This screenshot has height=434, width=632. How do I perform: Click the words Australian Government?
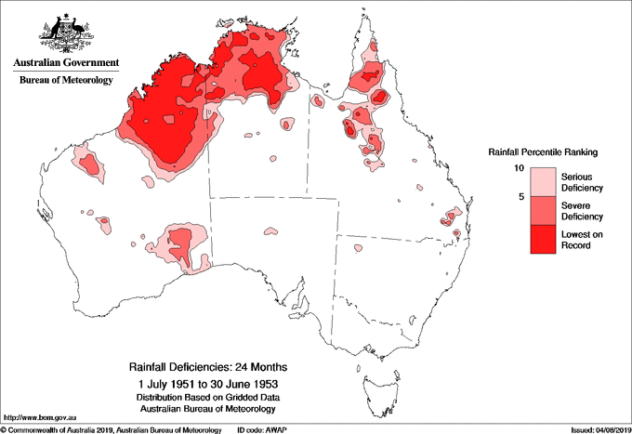[x=64, y=63]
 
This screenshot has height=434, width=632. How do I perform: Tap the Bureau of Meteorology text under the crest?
[x=64, y=80]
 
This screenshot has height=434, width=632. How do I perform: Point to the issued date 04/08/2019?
[x=605, y=429]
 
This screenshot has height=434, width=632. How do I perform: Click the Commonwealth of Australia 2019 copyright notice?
[x=112, y=429]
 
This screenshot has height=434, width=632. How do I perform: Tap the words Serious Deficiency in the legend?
[x=581, y=181]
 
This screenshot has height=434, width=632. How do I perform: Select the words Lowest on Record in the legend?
[x=581, y=240]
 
